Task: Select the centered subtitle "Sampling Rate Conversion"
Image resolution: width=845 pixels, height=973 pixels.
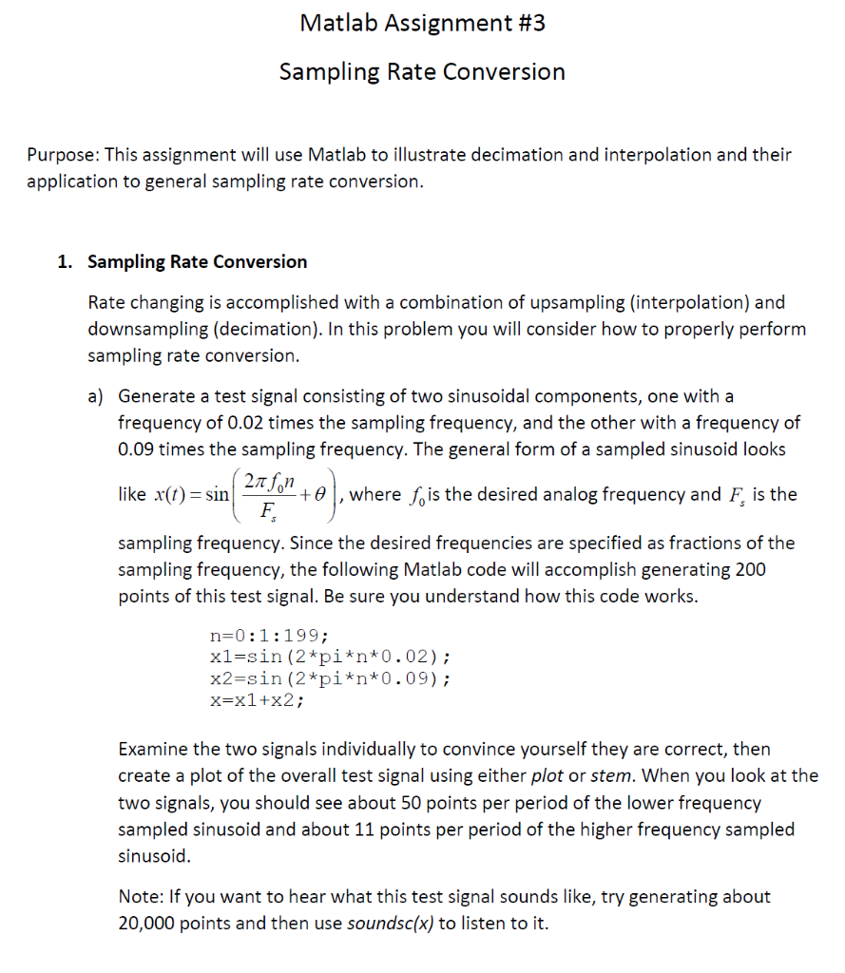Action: tap(422, 72)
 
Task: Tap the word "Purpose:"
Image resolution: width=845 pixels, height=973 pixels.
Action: tap(63, 154)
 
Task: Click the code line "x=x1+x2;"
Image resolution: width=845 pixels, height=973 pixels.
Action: tap(257, 702)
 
